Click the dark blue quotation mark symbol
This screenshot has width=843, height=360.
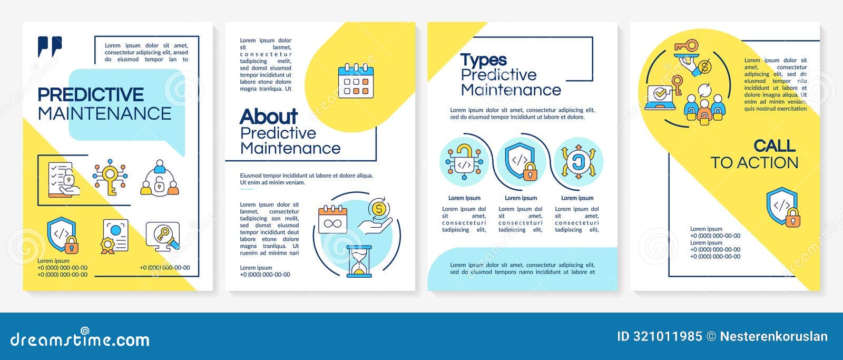click(50, 46)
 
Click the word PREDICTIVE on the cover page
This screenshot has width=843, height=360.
click(91, 95)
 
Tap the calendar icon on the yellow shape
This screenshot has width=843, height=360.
click(356, 81)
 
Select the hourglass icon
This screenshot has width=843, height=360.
click(359, 261)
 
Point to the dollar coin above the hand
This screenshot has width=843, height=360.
click(378, 209)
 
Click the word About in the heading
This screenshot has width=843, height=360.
click(269, 116)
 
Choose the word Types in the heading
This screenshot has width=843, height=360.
click(483, 60)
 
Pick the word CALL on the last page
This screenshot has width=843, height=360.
click(774, 145)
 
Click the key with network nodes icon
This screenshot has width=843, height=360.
click(110, 177)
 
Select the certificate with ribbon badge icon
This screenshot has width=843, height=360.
click(115, 236)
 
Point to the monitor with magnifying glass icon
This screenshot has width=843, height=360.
click(163, 236)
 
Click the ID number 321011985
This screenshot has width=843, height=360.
click(660, 336)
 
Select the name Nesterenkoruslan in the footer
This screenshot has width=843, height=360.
click(773, 336)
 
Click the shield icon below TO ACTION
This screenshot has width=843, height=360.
click(783, 207)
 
